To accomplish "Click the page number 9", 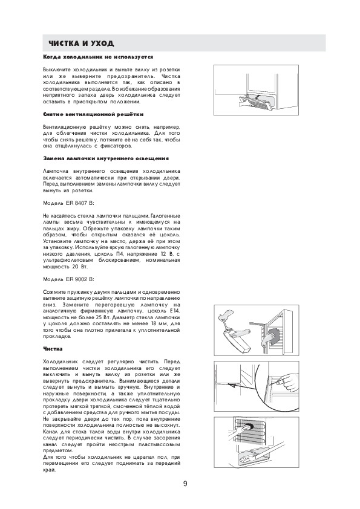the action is (185, 484).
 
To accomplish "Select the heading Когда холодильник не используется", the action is (98, 57).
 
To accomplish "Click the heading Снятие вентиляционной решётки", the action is (93, 114).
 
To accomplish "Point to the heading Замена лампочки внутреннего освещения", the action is (106, 158).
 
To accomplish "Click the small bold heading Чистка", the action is (53, 349).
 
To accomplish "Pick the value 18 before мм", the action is (154, 323).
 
